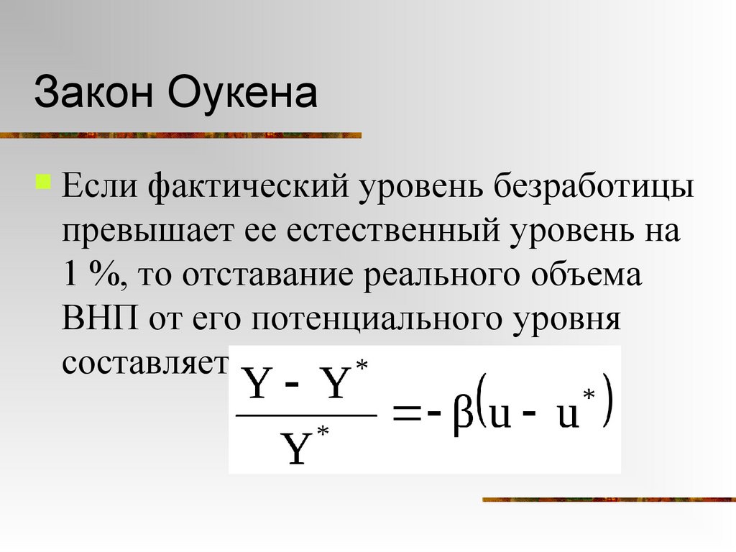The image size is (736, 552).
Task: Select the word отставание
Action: point(266,276)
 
